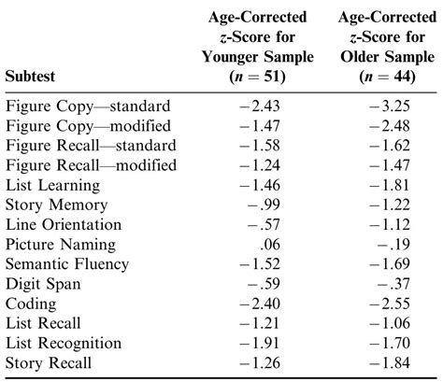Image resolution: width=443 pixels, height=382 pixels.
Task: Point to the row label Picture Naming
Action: (x=61, y=245)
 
